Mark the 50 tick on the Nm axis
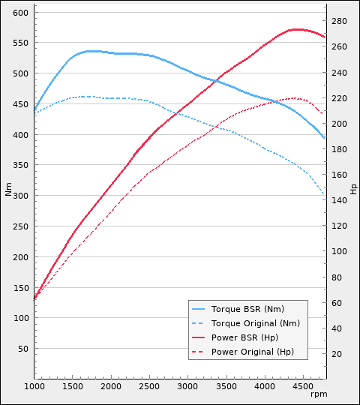[22, 349]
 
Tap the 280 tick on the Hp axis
[339, 21]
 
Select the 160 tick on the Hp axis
[339, 175]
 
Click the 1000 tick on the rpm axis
[34, 386]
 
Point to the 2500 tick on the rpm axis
[149, 386]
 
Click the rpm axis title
[319, 394]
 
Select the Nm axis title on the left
[9, 190]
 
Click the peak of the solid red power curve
[296, 29]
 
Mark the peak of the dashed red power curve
[294, 98]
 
